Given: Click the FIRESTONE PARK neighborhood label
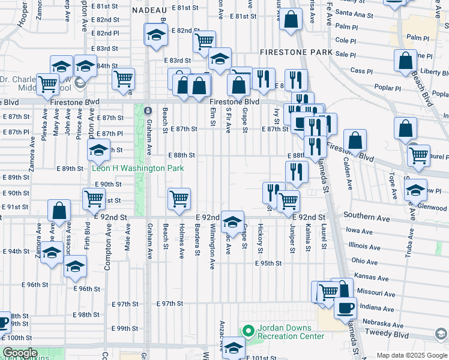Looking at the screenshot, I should (296, 53).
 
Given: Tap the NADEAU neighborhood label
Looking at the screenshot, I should (149, 10).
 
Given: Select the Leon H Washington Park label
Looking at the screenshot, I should (137, 169).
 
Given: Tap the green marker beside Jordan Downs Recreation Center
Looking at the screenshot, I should (247, 331).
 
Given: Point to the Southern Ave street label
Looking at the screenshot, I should (366, 215).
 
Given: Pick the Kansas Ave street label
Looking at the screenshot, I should (370, 276).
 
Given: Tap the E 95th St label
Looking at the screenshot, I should (268, 263).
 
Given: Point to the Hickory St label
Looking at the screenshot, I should (261, 238).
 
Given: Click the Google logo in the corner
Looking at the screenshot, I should (20, 353).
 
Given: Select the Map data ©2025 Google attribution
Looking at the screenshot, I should (411, 355).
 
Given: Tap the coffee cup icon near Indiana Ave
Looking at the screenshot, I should (345, 308).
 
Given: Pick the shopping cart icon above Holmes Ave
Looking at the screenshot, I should (179, 199).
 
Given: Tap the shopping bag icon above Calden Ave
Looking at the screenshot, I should (355, 141).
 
